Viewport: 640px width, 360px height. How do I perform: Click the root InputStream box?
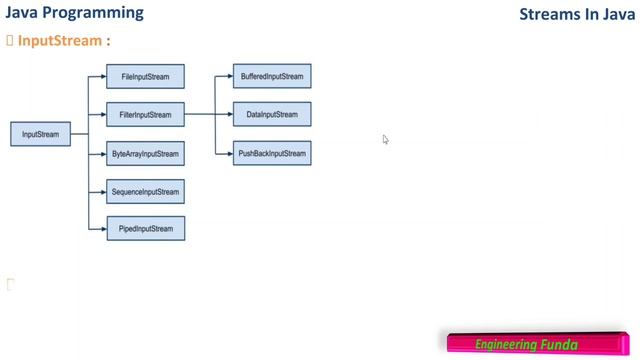point(41,134)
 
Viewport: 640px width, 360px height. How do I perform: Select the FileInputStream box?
point(145,76)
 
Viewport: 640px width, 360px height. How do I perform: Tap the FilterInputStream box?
point(145,115)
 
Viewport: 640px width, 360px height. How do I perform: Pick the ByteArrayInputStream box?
point(145,154)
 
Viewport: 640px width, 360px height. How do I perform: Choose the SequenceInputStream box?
point(145,191)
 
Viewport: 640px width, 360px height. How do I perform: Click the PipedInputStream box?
point(145,229)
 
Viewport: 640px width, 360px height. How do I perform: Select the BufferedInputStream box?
point(272,76)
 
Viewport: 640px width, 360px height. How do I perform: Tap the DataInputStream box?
point(272,115)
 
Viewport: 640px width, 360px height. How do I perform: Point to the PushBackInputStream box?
point(272,154)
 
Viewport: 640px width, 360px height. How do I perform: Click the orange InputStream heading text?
point(60,41)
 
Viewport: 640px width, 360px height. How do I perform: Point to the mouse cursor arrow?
point(385,139)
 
